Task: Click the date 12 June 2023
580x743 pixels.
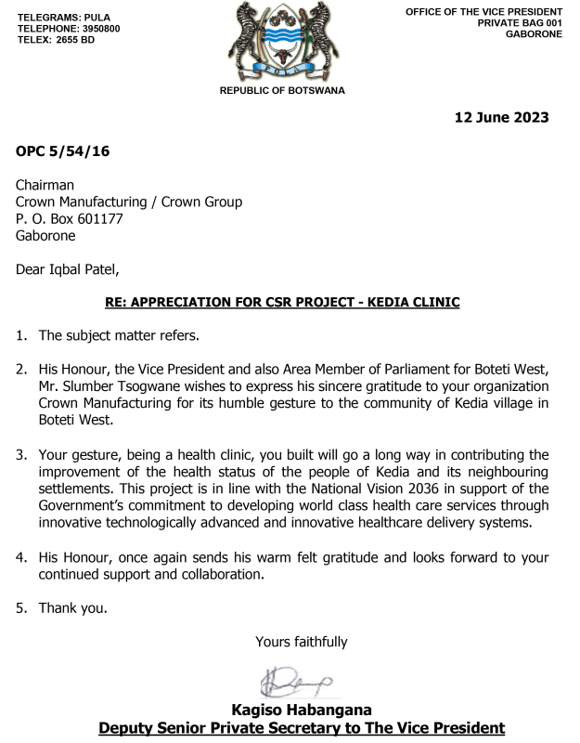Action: coord(501,117)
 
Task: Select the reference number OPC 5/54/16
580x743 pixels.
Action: coord(63,151)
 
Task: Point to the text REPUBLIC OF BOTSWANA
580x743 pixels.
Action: coord(281,90)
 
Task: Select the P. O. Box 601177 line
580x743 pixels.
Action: coord(70,219)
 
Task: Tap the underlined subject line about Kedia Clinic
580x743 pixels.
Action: coord(281,303)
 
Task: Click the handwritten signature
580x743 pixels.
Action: coord(295,681)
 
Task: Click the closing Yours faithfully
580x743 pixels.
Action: coord(302,641)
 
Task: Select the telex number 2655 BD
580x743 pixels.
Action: coord(77,40)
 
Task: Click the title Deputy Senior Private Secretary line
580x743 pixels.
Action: coord(302,728)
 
